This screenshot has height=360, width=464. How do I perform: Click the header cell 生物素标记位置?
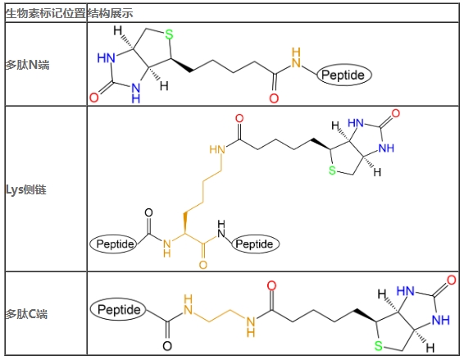pos(46,14)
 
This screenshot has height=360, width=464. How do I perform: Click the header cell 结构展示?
pos(110,14)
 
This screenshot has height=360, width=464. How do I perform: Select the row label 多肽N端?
pos(27,65)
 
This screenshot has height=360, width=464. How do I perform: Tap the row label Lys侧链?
pos(26,189)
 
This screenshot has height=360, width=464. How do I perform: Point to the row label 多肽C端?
pos(26,314)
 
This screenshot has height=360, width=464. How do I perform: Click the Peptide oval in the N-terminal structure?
pos(343,75)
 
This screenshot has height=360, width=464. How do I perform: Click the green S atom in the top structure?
pos(169,34)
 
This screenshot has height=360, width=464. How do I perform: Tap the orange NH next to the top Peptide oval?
pos(296,57)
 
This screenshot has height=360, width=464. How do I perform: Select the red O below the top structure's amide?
pos(274,98)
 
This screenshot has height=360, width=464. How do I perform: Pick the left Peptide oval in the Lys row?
pos(114,244)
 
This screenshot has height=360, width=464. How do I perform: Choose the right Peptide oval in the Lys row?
pos(256,244)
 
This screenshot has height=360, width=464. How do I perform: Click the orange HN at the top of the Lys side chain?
pos(217,149)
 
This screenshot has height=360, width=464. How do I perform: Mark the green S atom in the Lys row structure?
pos(333,171)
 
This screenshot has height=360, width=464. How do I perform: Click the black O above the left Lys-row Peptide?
pos(148,213)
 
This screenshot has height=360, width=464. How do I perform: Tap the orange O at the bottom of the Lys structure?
pos(203,265)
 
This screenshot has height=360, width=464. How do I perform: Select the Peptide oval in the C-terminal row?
pos(118,310)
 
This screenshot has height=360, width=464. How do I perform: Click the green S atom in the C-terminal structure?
pos(379,346)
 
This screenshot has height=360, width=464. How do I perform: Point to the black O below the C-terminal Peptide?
pos(167,346)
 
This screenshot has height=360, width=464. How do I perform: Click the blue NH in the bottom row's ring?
pos(441,321)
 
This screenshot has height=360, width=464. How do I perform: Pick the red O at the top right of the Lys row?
pos(396,113)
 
